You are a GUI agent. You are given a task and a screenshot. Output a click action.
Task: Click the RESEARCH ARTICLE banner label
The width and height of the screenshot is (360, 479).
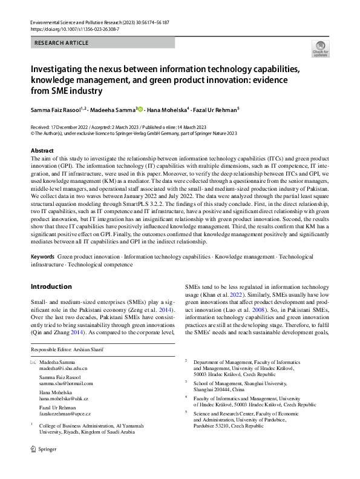pyautogui.click(x=62, y=43)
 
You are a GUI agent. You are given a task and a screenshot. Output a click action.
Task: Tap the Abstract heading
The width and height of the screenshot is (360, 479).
pyautogui.click(x=42, y=150)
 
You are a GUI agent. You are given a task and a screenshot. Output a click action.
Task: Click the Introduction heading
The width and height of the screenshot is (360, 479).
pyautogui.click(x=51, y=286)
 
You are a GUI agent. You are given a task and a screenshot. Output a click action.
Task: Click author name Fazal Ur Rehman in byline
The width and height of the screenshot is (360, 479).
pyautogui.click(x=217, y=110)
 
